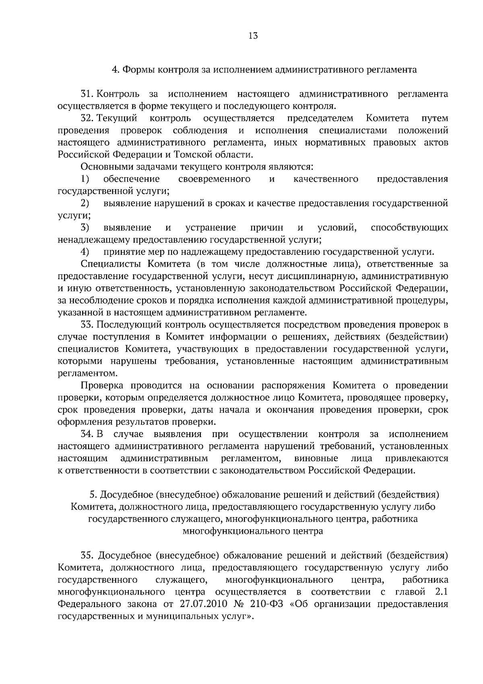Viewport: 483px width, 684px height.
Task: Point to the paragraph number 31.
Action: pos(87,94)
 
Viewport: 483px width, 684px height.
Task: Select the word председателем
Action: pos(320,118)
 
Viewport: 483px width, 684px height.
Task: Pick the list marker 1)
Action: pos(85,179)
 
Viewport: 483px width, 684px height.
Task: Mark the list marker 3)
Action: pos(85,228)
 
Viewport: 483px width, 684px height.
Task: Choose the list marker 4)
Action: pos(85,252)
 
